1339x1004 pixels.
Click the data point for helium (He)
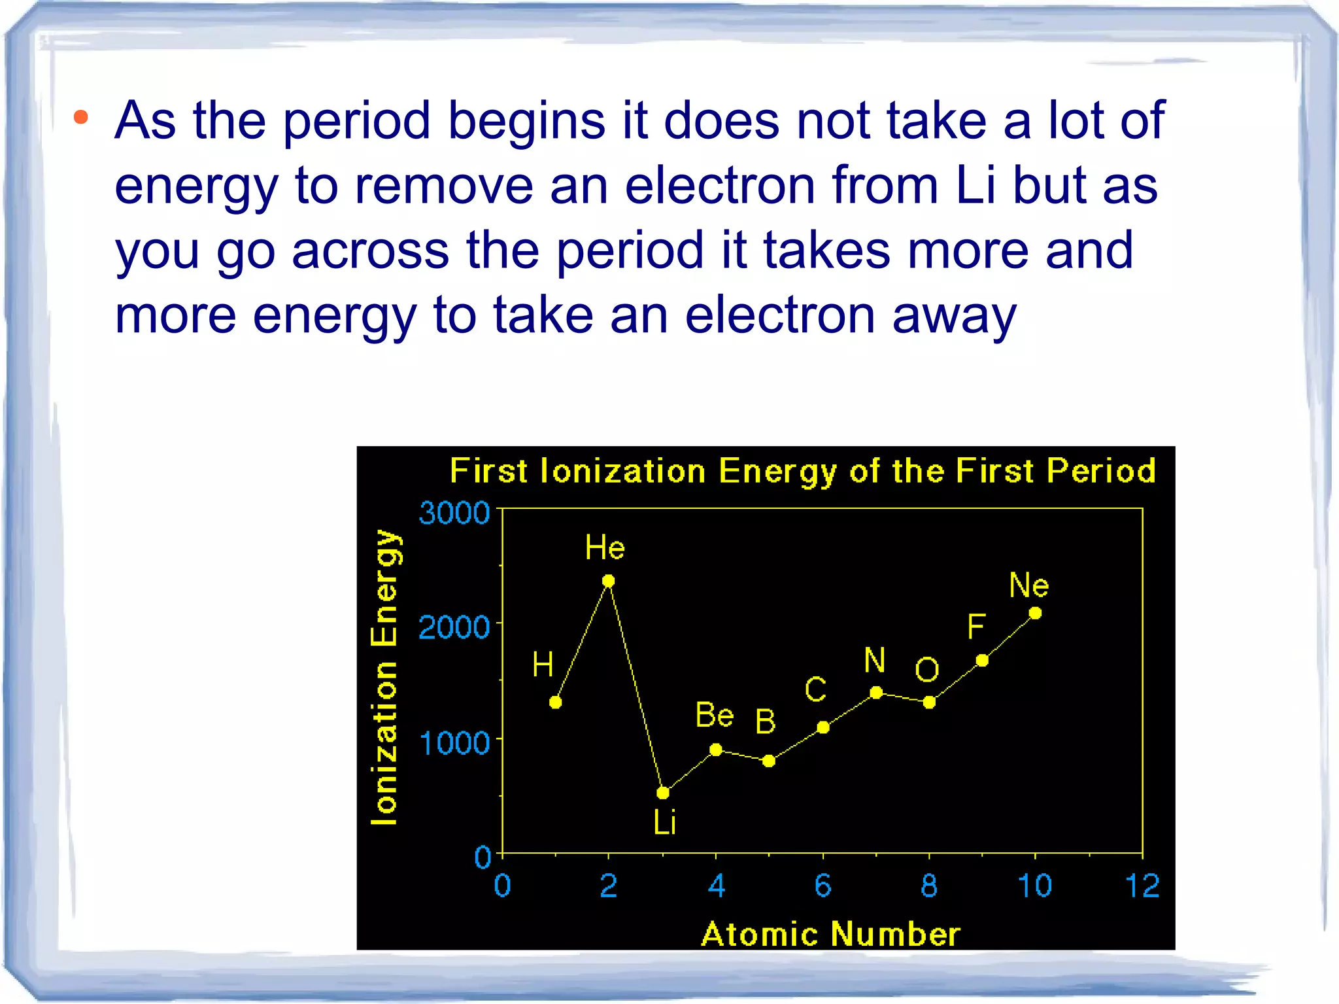(608, 581)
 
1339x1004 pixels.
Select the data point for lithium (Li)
(662, 793)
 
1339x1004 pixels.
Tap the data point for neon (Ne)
(1035, 613)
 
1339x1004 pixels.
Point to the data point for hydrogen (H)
(555, 702)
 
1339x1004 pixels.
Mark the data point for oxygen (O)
(929, 702)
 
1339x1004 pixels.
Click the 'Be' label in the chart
(714, 715)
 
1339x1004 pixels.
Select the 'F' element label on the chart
(975, 627)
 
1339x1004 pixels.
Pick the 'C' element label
(815, 689)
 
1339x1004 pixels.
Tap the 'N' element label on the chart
(874, 660)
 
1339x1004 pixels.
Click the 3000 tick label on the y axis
(454, 513)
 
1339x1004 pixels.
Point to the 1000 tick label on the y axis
(454, 744)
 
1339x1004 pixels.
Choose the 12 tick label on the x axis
(1142, 886)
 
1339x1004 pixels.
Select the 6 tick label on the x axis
(822, 886)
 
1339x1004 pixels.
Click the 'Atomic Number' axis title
(830, 933)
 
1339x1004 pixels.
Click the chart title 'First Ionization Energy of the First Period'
(803, 471)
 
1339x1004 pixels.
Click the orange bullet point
(80, 118)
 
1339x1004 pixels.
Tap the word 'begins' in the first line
(526, 122)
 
